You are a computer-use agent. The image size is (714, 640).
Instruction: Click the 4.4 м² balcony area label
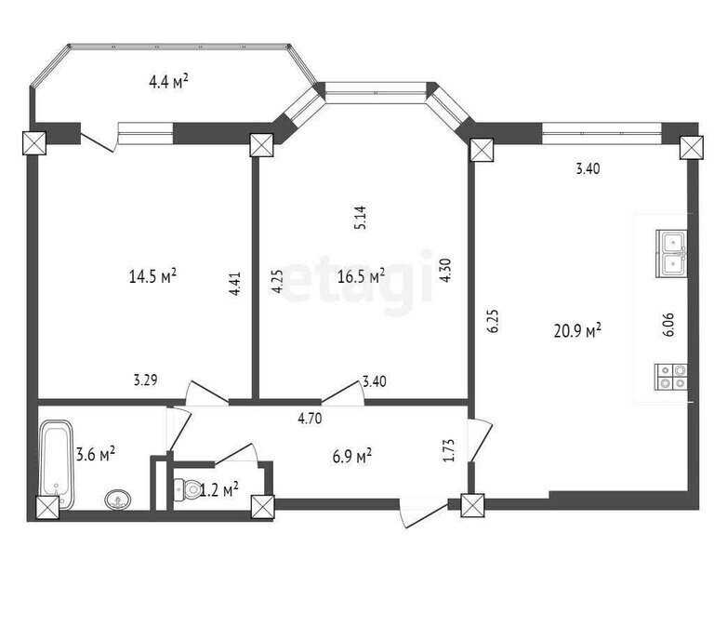tap(168, 82)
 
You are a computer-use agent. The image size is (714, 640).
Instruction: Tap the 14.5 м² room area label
tap(152, 276)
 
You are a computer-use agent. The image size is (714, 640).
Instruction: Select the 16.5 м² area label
tap(361, 276)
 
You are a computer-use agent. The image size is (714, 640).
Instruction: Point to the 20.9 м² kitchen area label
tap(577, 330)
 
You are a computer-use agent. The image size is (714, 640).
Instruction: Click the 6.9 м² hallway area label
tap(352, 457)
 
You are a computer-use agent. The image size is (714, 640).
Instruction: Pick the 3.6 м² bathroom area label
tap(95, 454)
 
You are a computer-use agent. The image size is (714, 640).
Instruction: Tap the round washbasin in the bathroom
tap(118, 500)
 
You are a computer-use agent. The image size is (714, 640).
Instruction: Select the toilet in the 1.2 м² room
tap(187, 489)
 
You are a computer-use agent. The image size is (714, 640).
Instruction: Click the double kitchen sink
tap(671, 254)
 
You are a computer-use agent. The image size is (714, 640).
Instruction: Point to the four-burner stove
tap(670, 377)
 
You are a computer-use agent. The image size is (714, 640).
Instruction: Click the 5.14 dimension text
tap(360, 218)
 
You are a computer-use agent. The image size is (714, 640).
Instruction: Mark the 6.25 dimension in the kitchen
tap(494, 322)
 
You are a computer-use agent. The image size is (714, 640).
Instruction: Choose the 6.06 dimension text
tap(668, 325)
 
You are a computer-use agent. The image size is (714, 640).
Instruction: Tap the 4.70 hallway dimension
tap(310, 419)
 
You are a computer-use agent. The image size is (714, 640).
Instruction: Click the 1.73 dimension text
tap(448, 450)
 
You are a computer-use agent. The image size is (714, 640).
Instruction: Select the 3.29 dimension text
tap(145, 380)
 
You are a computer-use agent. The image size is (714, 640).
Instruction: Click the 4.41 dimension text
tap(235, 284)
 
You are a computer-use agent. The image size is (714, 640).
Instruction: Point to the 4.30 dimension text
tap(445, 270)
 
